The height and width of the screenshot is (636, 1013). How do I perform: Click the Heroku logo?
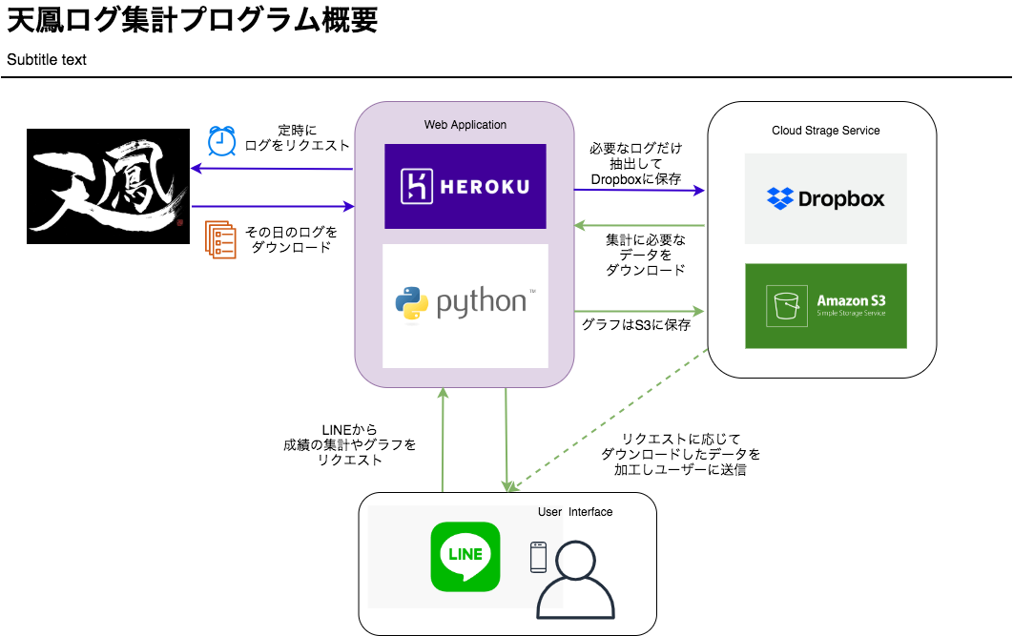(465, 186)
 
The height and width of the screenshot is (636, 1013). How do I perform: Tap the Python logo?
(465, 305)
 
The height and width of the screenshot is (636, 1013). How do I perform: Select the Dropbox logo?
(826, 198)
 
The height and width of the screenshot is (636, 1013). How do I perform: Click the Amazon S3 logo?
(826, 306)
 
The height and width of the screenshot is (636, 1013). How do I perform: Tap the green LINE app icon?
(465, 557)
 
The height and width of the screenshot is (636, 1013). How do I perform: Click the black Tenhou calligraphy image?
(108, 187)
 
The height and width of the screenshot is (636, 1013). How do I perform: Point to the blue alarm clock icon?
(221, 141)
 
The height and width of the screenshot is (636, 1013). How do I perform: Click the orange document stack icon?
(220, 239)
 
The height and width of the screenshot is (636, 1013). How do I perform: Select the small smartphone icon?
(538, 557)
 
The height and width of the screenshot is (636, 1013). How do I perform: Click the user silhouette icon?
(575, 581)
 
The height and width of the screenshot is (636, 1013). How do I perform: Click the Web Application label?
(465, 125)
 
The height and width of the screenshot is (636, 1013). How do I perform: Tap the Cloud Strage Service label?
(826, 131)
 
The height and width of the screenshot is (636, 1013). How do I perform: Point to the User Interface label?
(575, 512)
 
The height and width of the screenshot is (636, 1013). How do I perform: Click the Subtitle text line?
(47, 59)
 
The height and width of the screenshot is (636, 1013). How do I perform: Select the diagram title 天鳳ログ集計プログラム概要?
(192, 19)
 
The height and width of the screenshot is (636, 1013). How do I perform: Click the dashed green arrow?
(608, 421)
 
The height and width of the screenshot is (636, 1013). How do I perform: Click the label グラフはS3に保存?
(635, 325)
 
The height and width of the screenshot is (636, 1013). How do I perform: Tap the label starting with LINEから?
(349, 445)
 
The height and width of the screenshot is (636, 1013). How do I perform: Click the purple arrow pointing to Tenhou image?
(272, 169)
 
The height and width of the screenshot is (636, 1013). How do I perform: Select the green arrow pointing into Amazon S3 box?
(639, 311)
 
